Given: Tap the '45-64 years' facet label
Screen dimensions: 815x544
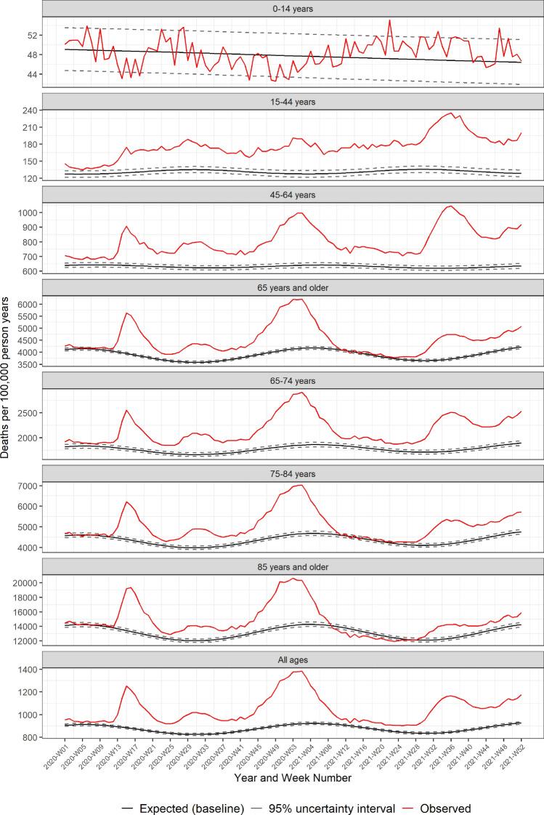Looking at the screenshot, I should pyautogui.click(x=293, y=194).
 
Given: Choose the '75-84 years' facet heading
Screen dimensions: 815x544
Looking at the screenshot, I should pyautogui.click(x=293, y=473).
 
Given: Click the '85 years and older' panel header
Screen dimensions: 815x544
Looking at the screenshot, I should pyautogui.click(x=293, y=566).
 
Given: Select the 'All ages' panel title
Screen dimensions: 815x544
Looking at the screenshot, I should pyautogui.click(x=293, y=659).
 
